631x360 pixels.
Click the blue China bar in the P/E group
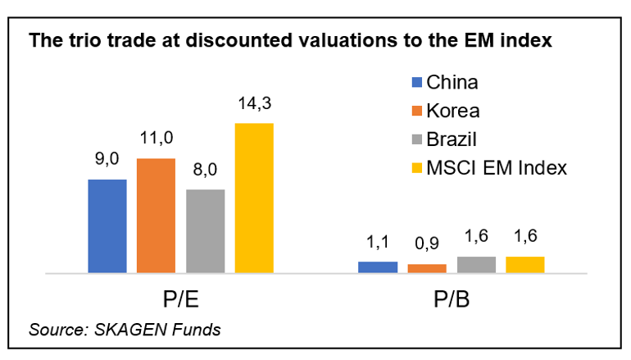pyautogui.click(x=107, y=226)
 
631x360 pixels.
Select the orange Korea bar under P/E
pyautogui.click(x=156, y=215)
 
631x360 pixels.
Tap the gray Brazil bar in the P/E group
pyautogui.click(x=205, y=230)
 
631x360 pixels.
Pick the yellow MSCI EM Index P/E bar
pyautogui.click(x=254, y=198)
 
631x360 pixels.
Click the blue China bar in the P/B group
pyautogui.click(x=378, y=267)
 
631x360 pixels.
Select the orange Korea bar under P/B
pyautogui.click(x=427, y=268)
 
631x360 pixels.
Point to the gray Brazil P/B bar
pyautogui.click(x=476, y=264)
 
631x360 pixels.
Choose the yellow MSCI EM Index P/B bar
pyautogui.click(x=525, y=264)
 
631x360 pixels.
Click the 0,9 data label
pyautogui.click(x=427, y=244)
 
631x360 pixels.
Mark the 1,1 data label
pyautogui.click(x=378, y=242)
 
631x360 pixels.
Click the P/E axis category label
pyautogui.click(x=180, y=298)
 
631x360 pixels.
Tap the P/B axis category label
pyautogui.click(x=452, y=298)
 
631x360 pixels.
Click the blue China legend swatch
pyautogui.click(x=415, y=82)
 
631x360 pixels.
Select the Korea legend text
pyautogui.click(x=453, y=111)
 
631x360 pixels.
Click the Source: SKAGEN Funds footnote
pyautogui.click(x=125, y=330)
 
